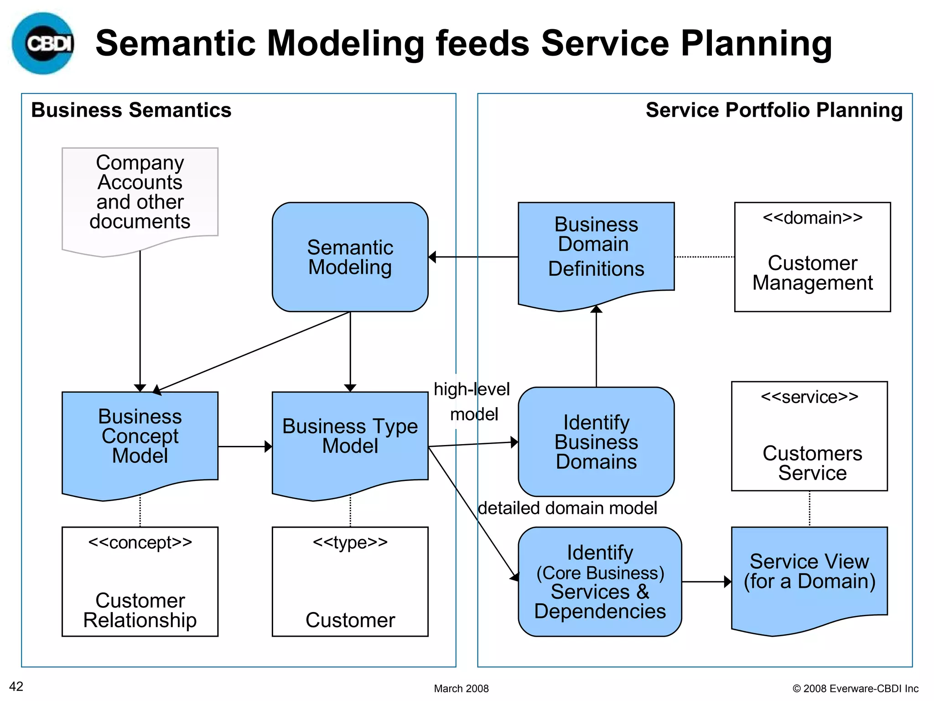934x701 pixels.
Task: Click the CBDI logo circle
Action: (x=43, y=43)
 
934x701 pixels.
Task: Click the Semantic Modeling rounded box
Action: (x=350, y=257)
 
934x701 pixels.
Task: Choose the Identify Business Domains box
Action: (x=596, y=442)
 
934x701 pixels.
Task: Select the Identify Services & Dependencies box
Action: (x=600, y=582)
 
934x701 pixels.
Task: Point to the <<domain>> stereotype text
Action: (x=812, y=218)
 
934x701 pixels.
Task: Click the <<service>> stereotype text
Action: (x=809, y=397)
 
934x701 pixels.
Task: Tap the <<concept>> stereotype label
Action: (x=140, y=542)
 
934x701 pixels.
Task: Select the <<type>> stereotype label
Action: (x=350, y=542)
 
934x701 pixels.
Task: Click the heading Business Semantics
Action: (x=131, y=110)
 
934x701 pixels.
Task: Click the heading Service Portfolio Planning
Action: (x=774, y=110)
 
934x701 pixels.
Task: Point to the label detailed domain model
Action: (x=567, y=508)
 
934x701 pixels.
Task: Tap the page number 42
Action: (x=16, y=686)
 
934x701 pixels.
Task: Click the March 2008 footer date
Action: (x=461, y=688)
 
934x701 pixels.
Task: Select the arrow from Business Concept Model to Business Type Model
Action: (x=245, y=446)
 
